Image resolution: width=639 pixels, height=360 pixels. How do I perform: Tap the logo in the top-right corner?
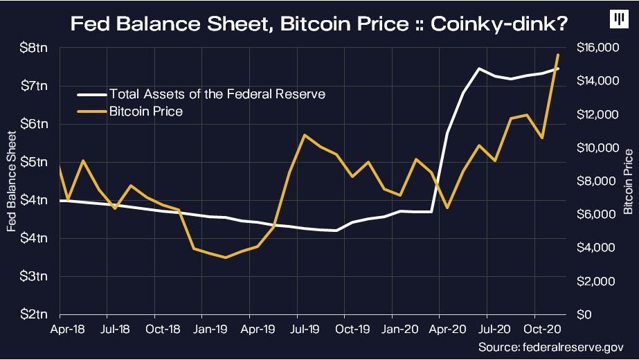[x=617, y=20]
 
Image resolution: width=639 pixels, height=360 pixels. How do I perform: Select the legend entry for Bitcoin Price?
[x=145, y=111]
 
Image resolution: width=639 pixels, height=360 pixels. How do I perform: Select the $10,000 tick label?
[x=596, y=148]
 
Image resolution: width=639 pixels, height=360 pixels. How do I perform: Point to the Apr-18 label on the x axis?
[x=65, y=329]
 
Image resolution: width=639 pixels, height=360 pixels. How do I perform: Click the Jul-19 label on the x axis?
[x=303, y=329]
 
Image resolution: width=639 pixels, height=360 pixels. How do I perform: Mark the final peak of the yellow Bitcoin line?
[x=558, y=55]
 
